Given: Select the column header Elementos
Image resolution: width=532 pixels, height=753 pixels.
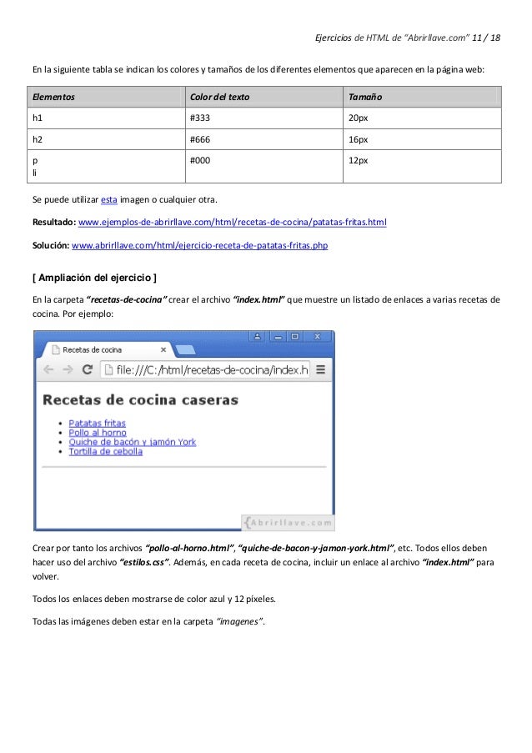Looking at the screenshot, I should (53, 98).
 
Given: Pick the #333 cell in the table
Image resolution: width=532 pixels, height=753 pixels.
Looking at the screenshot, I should (200, 118).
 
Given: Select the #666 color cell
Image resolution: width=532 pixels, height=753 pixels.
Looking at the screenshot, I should (200, 139).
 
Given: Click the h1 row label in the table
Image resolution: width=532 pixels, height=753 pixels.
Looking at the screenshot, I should (38, 118).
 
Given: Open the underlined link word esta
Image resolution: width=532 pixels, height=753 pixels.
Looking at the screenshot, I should (108, 200).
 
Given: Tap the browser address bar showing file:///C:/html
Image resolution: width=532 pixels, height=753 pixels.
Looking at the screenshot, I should (204, 369).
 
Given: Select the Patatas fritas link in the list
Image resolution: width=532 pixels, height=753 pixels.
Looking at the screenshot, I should (97, 424).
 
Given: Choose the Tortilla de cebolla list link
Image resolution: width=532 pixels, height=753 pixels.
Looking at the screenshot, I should (105, 451).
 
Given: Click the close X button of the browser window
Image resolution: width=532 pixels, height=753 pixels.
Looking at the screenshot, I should (317, 337).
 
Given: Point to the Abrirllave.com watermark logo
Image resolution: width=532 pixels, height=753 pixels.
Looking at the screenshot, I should (288, 522).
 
